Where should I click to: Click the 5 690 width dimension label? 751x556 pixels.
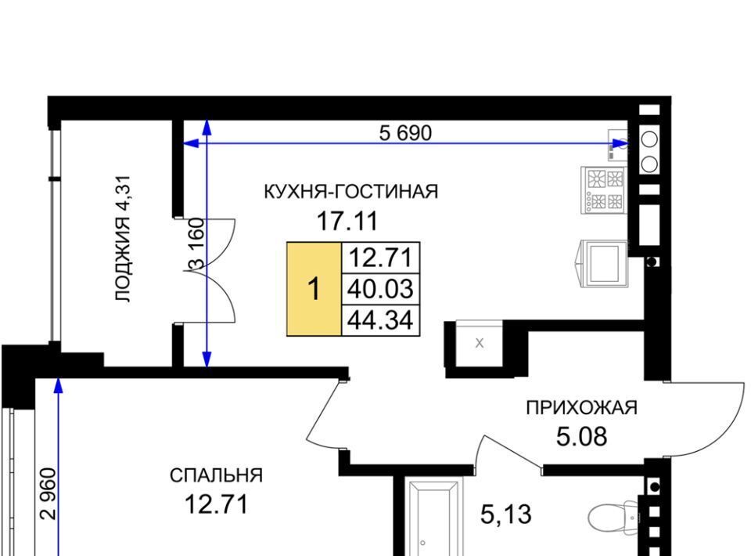(x=405, y=133)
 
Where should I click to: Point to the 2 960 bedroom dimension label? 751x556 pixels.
(x=49, y=493)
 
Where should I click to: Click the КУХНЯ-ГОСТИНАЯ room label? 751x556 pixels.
(x=351, y=192)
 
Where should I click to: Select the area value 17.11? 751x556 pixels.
(x=347, y=221)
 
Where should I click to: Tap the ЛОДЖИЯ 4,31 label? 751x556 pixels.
(x=123, y=239)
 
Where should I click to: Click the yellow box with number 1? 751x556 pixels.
(x=314, y=289)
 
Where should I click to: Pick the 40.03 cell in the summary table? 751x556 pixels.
(x=380, y=289)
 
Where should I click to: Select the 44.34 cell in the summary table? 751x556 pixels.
(x=380, y=320)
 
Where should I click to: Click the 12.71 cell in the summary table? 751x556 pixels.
(x=380, y=258)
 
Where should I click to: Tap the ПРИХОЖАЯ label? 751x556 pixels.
(x=581, y=408)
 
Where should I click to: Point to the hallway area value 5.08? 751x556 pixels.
(x=581, y=437)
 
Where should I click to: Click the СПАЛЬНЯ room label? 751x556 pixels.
(x=216, y=475)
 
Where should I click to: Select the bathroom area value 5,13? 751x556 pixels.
(x=506, y=515)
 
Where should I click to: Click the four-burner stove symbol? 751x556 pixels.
(x=603, y=190)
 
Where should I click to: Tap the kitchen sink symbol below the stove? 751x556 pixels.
(x=603, y=264)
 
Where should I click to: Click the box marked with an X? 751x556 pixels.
(x=479, y=343)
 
